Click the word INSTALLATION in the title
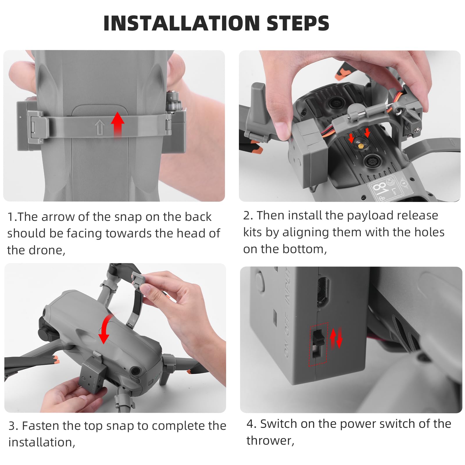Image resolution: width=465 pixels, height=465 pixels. coord(181,23)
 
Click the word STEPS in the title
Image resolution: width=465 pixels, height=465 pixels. coord(298,23)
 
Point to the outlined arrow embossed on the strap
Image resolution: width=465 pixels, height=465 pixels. coord(99,128)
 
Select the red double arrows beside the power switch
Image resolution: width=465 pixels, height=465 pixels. coord(336,338)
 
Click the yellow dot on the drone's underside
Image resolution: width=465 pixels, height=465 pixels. coord(360,146)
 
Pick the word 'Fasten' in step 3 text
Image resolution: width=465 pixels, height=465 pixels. coord(40,426)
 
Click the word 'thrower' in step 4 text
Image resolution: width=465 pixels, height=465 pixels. coord(269,441)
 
